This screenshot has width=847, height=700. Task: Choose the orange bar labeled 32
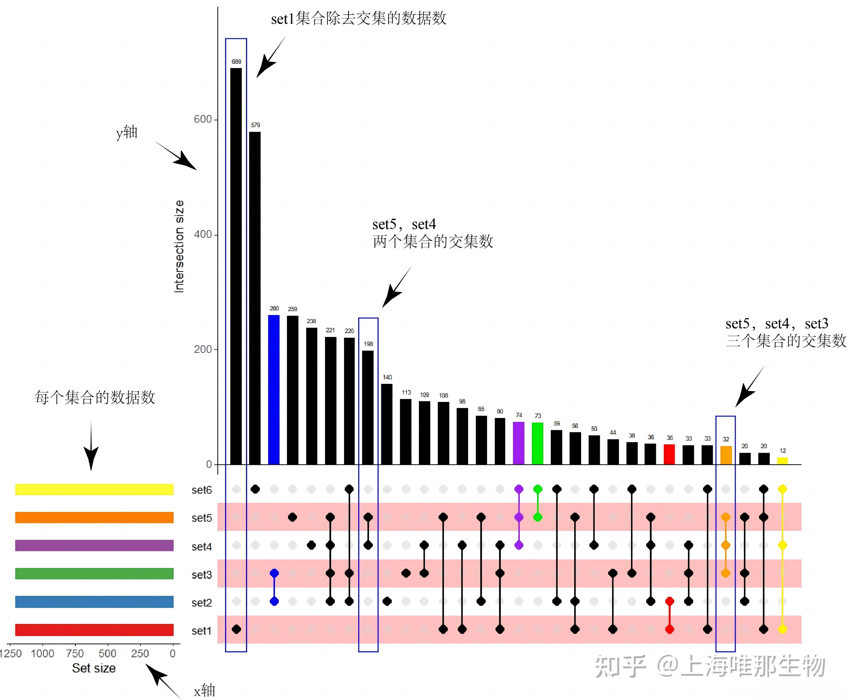click(726, 455)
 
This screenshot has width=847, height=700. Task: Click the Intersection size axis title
click(179, 246)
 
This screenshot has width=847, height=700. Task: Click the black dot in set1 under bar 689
click(236, 629)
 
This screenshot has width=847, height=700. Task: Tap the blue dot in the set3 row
click(274, 573)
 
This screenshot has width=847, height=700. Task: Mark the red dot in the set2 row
click(669, 601)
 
